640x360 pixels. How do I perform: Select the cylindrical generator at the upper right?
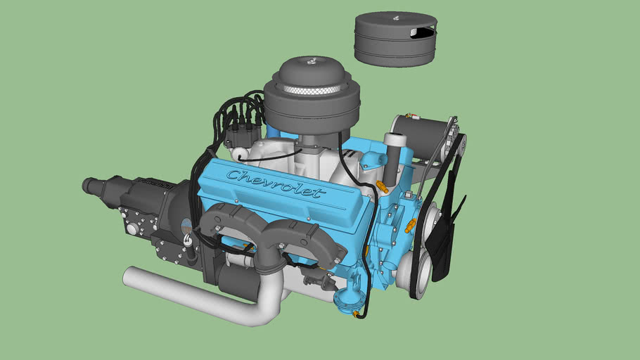pos(422,136)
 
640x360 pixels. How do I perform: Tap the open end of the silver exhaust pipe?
pos(128,276)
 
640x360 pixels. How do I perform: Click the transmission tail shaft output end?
pos(90,185)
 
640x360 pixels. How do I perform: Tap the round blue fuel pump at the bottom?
pos(345,301)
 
